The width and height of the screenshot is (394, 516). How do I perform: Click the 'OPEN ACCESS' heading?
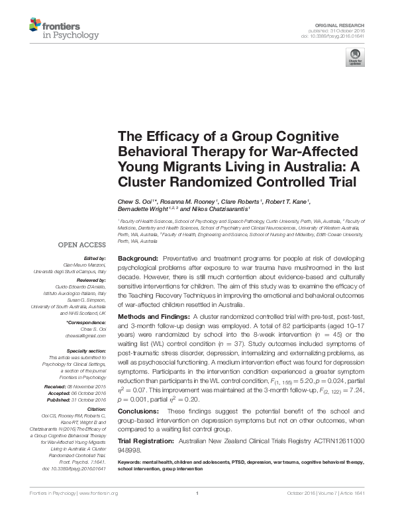coord(81,245)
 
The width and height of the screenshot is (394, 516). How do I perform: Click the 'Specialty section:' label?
coord(87,351)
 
